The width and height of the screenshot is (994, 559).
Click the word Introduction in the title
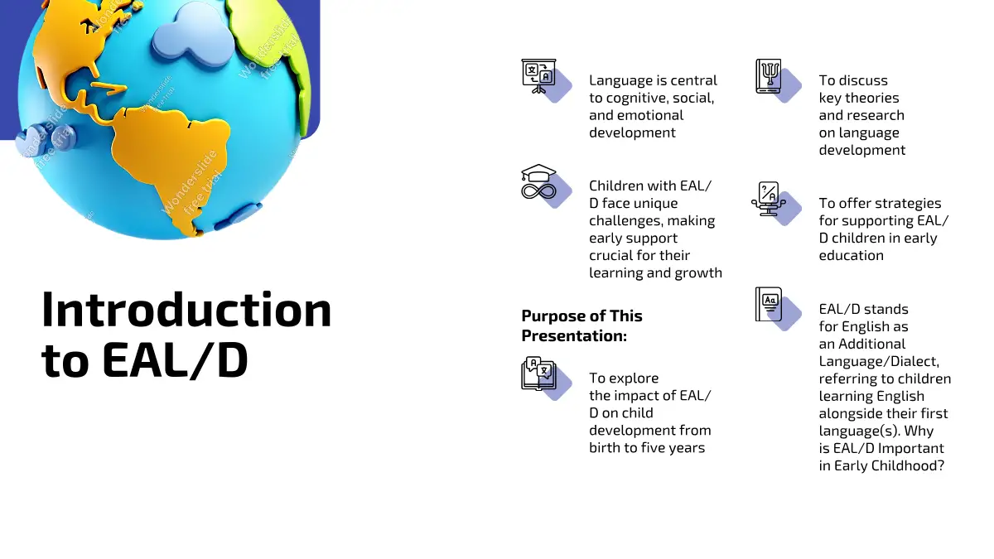coord(186,309)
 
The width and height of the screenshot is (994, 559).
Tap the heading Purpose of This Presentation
coord(581,325)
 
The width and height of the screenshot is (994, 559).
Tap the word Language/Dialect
coord(879,362)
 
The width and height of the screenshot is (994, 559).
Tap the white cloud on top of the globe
coord(193,32)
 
